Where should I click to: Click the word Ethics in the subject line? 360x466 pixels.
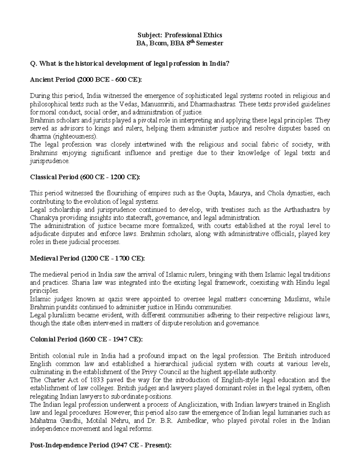tap(211, 35)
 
